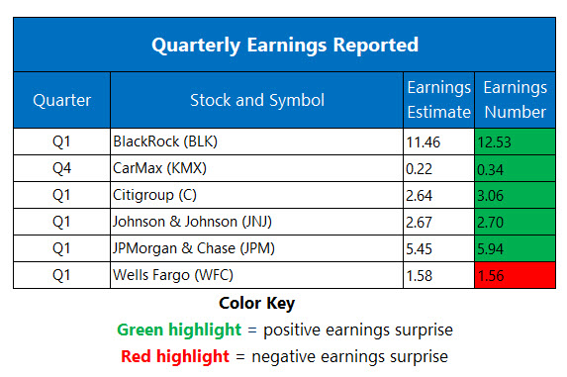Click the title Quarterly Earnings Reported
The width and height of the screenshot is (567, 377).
tap(284, 45)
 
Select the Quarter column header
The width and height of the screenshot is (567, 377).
tap(61, 100)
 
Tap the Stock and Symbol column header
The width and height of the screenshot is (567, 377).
tap(256, 100)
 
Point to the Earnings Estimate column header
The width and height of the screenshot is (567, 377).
tap(438, 100)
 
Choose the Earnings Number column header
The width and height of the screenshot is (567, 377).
tap(515, 100)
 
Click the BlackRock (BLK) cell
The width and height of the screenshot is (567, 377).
tap(165, 141)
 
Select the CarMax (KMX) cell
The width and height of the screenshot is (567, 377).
tap(160, 168)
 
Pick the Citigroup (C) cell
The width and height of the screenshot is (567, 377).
tap(154, 195)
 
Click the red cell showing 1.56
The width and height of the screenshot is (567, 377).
tap(515, 275)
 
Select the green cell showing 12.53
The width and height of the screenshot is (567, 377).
tap(515, 141)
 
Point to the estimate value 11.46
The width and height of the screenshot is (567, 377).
tap(425, 141)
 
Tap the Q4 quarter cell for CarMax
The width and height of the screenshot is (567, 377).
tap(61, 168)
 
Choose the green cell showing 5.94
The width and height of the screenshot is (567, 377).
tap(515, 248)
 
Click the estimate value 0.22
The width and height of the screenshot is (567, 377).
tap(421, 168)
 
